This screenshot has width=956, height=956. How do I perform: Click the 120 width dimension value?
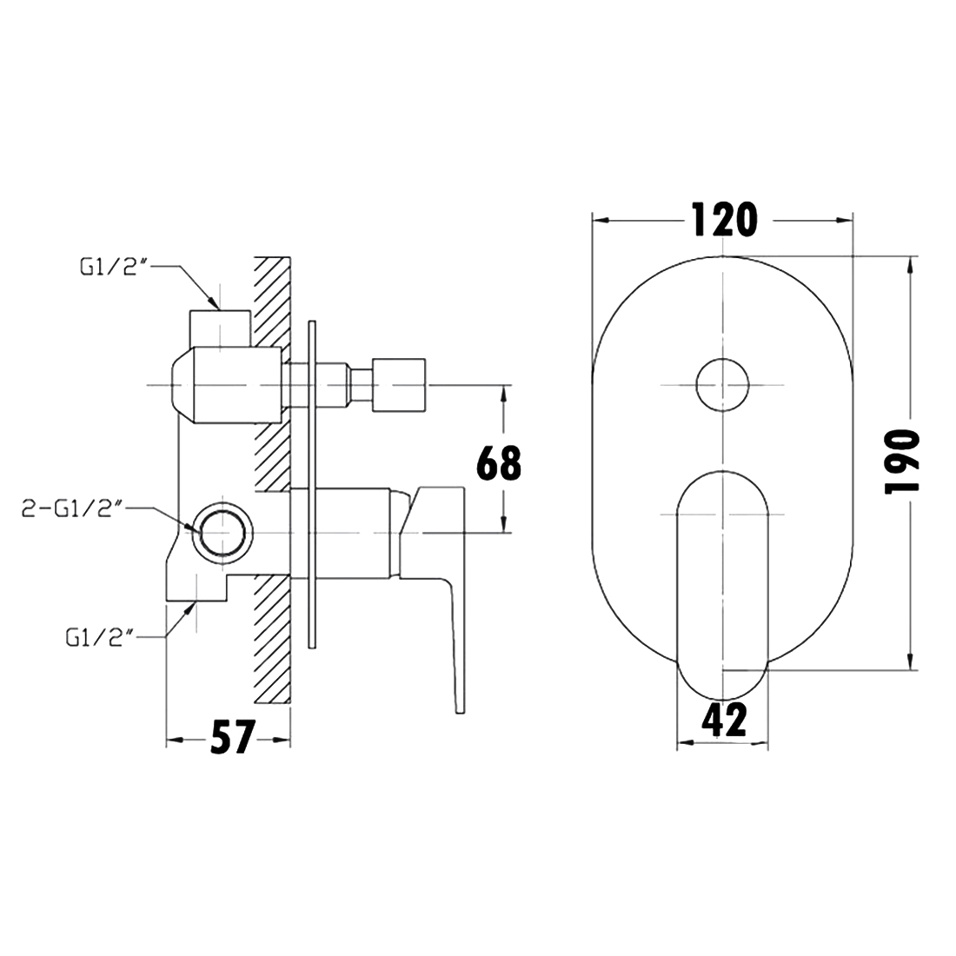point(724,220)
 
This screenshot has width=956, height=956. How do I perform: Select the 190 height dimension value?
point(902,461)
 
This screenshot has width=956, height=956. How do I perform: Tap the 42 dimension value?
point(724,720)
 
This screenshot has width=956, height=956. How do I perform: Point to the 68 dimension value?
point(499,462)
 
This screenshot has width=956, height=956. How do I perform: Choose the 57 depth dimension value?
point(232,737)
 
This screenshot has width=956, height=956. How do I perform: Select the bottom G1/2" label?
point(100,638)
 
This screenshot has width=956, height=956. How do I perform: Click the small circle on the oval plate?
point(722,385)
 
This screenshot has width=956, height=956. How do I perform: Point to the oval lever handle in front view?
point(722,585)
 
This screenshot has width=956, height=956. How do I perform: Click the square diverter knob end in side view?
point(399,385)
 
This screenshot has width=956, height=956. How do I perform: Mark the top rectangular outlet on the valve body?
point(220,328)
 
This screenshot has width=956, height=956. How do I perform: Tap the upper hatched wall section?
point(272,373)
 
